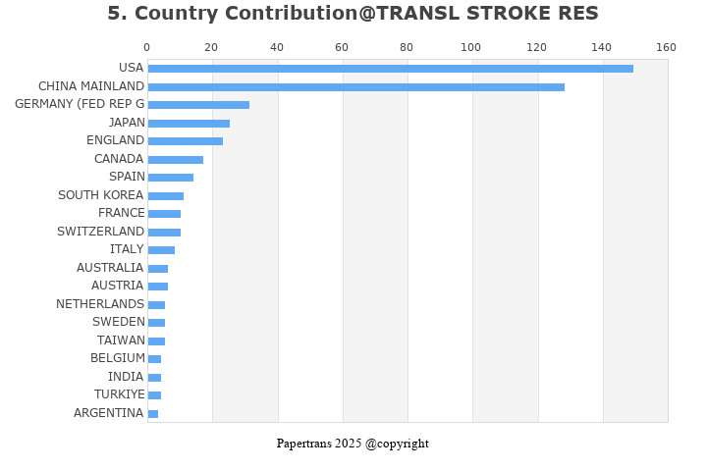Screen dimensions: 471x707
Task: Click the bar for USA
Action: click(390, 69)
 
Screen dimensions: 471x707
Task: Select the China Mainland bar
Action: click(355, 87)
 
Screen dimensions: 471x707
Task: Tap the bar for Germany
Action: click(198, 105)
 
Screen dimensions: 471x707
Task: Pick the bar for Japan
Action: click(189, 124)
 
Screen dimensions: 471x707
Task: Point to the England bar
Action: click(186, 141)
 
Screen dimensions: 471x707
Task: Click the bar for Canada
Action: click(176, 160)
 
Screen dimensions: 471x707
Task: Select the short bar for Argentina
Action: click(153, 414)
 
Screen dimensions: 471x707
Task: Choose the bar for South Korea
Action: click(166, 196)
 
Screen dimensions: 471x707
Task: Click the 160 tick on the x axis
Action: click(666, 47)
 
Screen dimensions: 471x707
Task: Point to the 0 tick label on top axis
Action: click(147, 47)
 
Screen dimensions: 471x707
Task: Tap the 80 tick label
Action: click(407, 47)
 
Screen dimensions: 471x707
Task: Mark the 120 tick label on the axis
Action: click(536, 47)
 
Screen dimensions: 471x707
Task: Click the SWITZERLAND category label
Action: click(100, 232)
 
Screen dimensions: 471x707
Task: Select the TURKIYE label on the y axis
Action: click(119, 394)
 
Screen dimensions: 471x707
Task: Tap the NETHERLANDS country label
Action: click(100, 304)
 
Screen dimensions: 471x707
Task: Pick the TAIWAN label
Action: click(121, 340)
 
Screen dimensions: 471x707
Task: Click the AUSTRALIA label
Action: click(110, 268)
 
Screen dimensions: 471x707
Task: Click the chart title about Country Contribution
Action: click(353, 14)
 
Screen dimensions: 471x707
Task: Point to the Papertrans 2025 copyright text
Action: click(353, 444)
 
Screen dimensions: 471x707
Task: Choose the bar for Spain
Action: click(171, 178)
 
